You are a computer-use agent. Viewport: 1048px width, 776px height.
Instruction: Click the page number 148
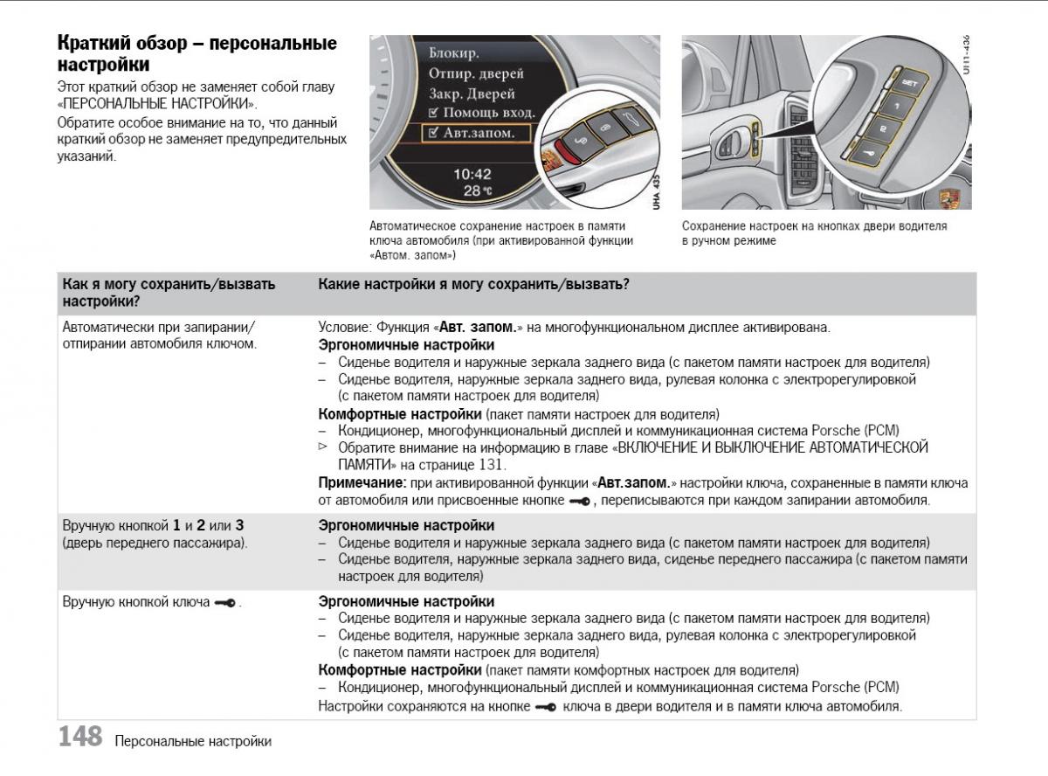point(80,737)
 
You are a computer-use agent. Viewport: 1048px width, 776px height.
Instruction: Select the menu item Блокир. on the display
point(453,53)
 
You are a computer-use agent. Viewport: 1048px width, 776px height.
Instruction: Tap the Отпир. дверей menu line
point(476,73)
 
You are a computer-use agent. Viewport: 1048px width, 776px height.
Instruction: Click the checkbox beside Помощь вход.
point(434,113)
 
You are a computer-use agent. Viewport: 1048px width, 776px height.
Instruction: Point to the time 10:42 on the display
point(472,173)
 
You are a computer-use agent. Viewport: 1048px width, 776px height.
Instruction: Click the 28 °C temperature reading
point(477,191)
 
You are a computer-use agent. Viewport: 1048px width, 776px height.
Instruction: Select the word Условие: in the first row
point(346,328)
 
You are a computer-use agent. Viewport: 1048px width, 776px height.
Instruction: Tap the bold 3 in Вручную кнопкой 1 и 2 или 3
point(238,526)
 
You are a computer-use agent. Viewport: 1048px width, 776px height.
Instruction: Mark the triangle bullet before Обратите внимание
point(322,447)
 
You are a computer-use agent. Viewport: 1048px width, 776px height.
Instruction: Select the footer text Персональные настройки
point(192,742)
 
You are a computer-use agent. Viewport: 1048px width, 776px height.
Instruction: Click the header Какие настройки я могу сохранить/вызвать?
point(474,285)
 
